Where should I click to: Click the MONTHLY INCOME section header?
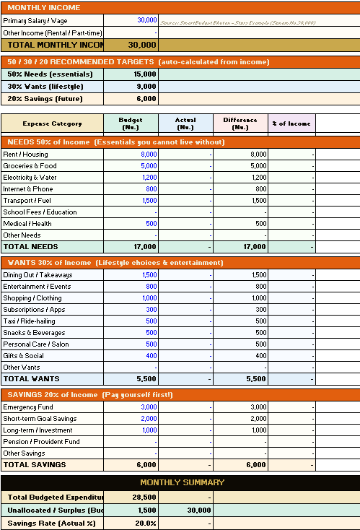point(43,7)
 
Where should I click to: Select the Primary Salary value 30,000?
point(147,20)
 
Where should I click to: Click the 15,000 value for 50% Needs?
point(145,74)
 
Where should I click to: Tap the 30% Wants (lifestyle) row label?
point(45,86)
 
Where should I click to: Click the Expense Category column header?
point(52,123)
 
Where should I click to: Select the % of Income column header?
point(291,123)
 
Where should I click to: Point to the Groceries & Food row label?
point(30,166)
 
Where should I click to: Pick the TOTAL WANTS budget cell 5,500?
point(146,379)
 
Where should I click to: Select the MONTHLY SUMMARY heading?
point(182,482)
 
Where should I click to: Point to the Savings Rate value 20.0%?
point(145,523)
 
